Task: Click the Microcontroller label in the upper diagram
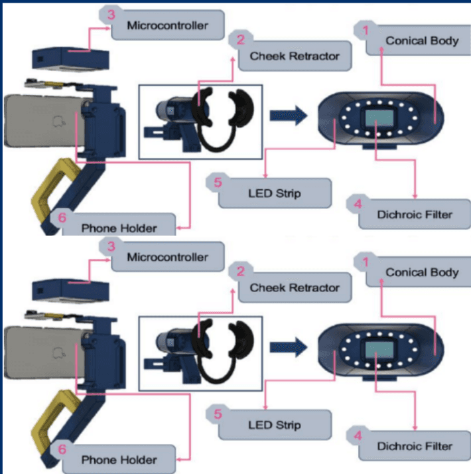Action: tap(168, 26)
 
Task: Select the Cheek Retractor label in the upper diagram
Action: tap(294, 56)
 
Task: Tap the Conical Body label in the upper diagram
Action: tap(421, 41)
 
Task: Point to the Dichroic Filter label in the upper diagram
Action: tap(414, 214)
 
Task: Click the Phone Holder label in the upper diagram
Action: tap(119, 228)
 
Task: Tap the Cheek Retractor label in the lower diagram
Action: tap(294, 288)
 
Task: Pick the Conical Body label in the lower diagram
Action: tap(421, 272)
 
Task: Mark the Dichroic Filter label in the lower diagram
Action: tap(414, 445)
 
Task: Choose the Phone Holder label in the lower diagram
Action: tap(119, 459)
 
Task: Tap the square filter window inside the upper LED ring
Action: tap(375, 119)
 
